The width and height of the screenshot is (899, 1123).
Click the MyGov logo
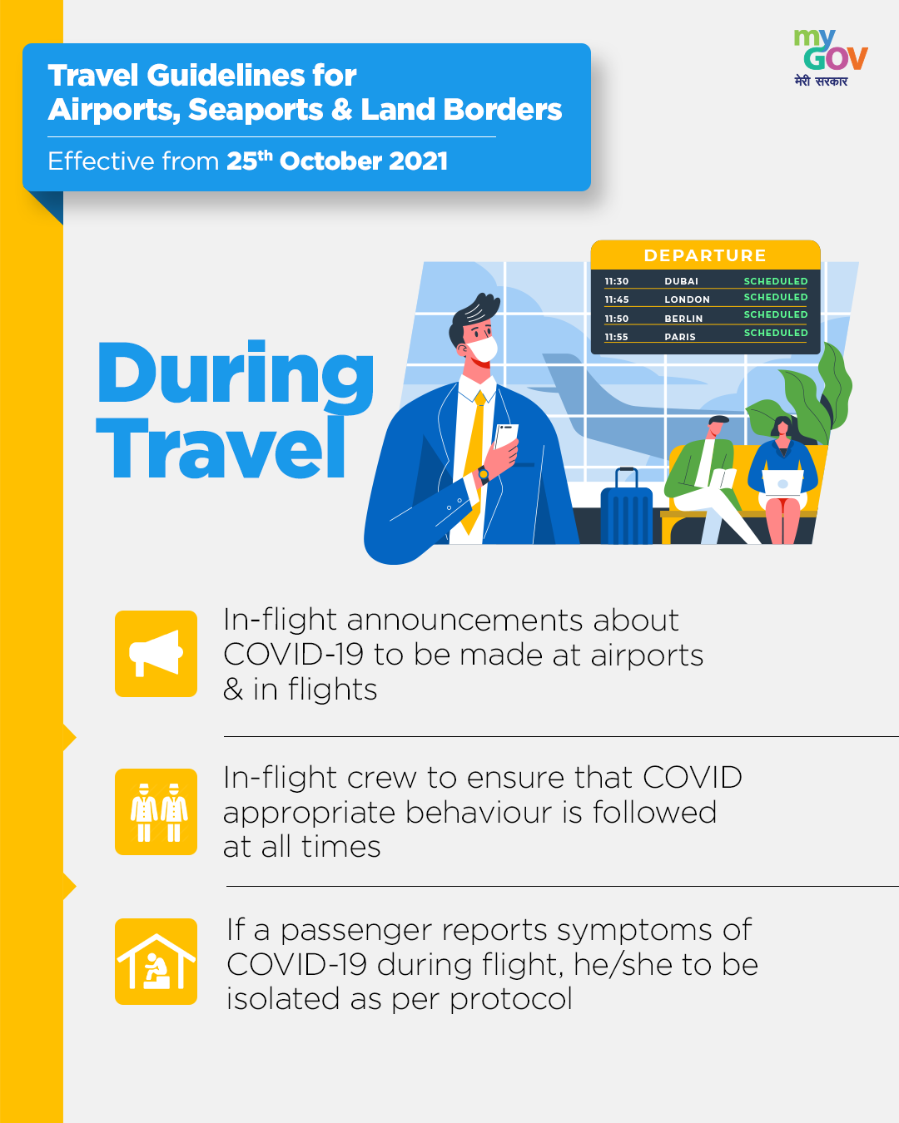(831, 57)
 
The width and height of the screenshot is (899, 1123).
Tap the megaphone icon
(156, 653)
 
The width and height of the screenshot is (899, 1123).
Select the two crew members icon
(156, 811)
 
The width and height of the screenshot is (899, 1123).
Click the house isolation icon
(156, 962)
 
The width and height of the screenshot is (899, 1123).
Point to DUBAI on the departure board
(681, 281)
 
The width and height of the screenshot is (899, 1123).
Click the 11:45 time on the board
(616, 299)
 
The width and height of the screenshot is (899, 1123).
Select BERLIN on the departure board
(683, 319)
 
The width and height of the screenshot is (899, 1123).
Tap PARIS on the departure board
(679, 337)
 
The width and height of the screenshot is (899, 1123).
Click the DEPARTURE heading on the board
(705, 255)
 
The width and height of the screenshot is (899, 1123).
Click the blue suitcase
(626, 509)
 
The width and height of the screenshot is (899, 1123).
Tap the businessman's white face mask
(483, 349)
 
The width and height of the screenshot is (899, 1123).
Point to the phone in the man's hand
(505, 437)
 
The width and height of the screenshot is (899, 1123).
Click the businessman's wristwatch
(483, 474)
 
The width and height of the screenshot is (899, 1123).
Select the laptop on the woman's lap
(782, 482)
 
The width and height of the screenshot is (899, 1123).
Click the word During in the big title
(236, 374)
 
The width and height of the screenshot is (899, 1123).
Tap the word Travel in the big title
(221, 448)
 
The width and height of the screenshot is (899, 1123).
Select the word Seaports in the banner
(256, 110)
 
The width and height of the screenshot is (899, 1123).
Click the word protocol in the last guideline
(511, 999)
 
